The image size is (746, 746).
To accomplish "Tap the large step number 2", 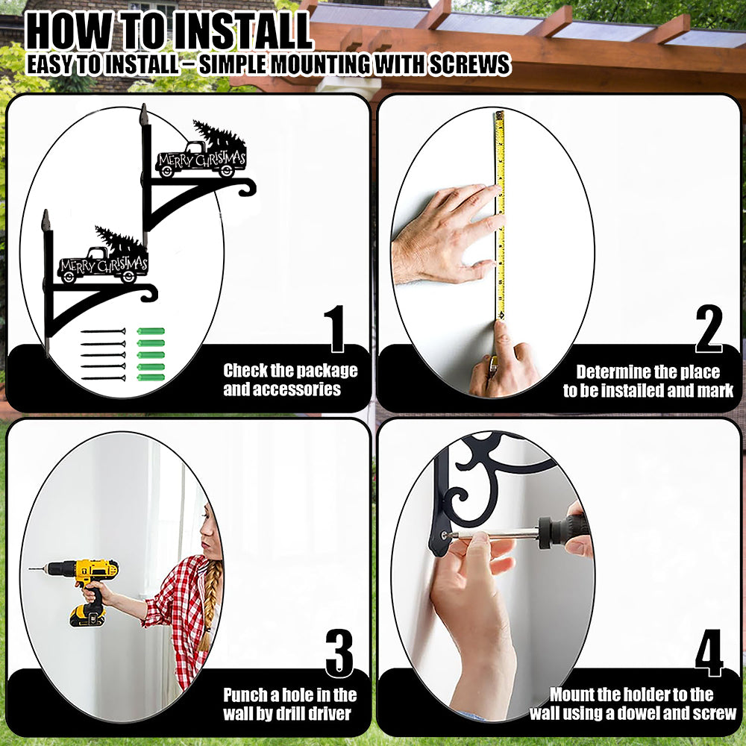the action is [709, 329].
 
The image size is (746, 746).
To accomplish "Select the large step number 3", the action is [339, 653].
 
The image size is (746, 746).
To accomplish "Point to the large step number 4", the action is [709, 653].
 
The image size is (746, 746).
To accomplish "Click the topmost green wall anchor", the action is [151, 331].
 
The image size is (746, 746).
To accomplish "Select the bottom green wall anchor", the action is [151, 377].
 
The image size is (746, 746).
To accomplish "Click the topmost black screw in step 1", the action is [103, 331].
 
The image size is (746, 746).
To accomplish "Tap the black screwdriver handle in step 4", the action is [564, 531].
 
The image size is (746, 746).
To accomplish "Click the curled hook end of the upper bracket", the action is [247, 187].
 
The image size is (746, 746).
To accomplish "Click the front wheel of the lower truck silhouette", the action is [68, 277].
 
